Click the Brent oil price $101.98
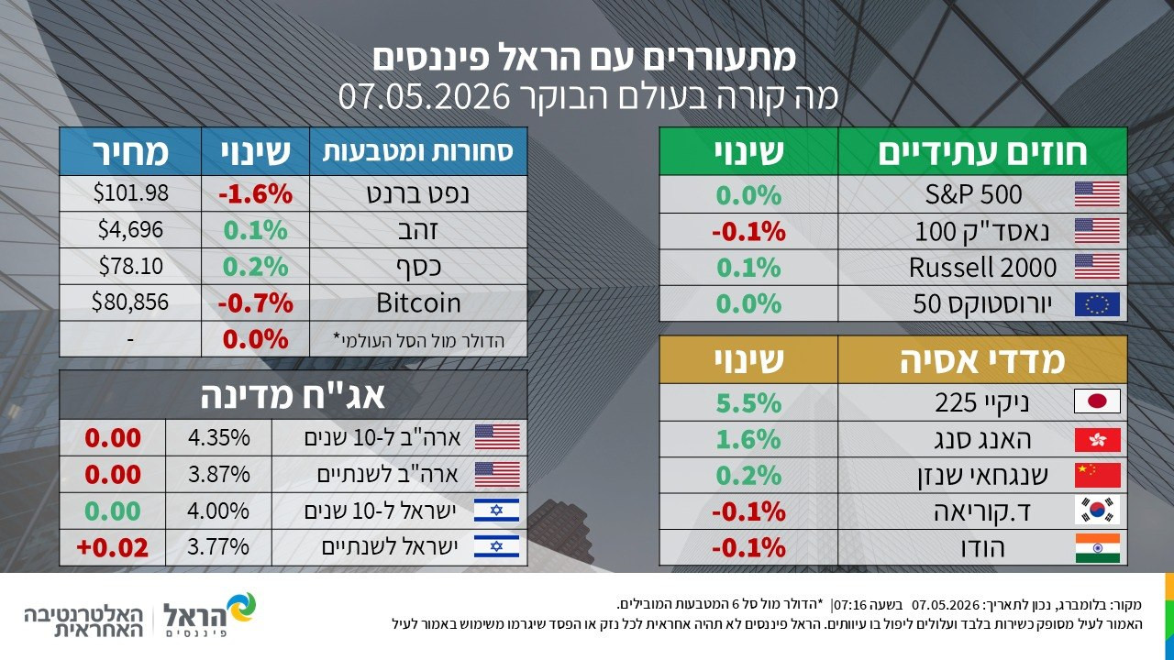click(131, 193)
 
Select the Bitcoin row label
click(418, 302)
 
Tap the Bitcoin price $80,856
click(130, 302)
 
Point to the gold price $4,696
click(130, 229)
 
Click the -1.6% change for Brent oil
click(255, 194)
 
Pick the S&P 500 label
click(973, 194)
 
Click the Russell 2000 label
click(982, 267)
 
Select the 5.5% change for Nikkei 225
click(748, 402)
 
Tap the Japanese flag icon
click(1097, 401)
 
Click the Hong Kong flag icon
click(1097, 439)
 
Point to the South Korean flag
click(1097, 511)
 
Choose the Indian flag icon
click(1097, 547)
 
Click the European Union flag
click(1097, 304)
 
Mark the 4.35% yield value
click(218, 437)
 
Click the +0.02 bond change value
click(112, 547)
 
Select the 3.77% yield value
click(218, 547)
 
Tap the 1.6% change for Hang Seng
click(748, 439)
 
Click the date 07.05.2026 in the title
click(424, 96)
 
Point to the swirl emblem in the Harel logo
click(240, 608)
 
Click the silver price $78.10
click(131, 266)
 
